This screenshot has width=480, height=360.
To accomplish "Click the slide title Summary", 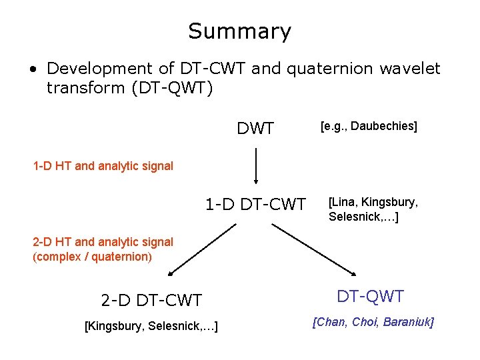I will pos(239,31).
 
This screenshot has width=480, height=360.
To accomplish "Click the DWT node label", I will pos(255,129).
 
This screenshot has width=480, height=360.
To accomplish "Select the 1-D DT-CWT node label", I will pos(255,204).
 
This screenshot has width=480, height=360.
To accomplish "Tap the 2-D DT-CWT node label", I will pos(151,300).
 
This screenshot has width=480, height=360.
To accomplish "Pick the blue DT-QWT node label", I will pos(370,296).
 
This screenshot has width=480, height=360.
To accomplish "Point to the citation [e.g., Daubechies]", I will pos(369,126).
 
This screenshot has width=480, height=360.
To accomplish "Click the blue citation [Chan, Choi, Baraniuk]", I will pos(373,323).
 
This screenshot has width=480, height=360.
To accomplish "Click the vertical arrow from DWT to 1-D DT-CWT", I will pos(256,166).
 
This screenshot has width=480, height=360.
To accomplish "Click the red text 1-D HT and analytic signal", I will pos(103,166).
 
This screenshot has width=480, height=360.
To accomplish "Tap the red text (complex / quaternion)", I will pos(92,257).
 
